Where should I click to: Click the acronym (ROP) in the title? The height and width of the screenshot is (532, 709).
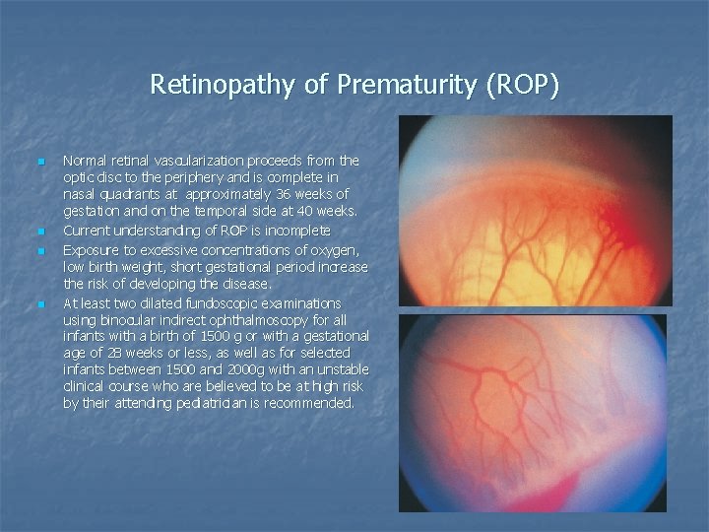click(523, 86)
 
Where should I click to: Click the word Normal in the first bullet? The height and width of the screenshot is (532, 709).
click(85, 160)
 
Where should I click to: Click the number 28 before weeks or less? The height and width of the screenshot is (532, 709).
click(119, 353)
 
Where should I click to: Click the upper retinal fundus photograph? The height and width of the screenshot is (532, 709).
click(535, 211)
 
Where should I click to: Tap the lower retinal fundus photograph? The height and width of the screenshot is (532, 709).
click(533, 412)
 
